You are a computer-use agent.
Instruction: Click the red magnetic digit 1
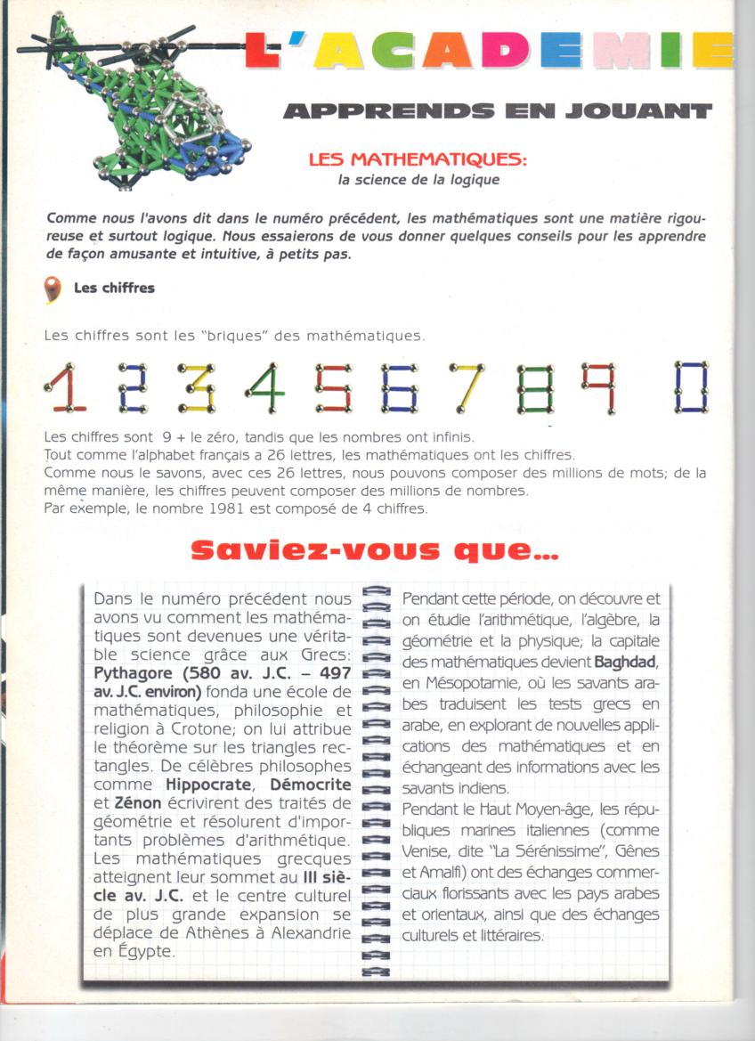[65, 388]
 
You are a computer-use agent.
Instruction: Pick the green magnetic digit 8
[535, 388]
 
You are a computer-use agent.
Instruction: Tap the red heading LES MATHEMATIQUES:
[417, 160]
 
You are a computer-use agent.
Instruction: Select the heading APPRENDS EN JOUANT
[497, 111]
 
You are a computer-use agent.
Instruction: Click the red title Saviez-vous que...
[375, 552]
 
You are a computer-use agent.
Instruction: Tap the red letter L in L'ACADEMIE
[262, 51]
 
